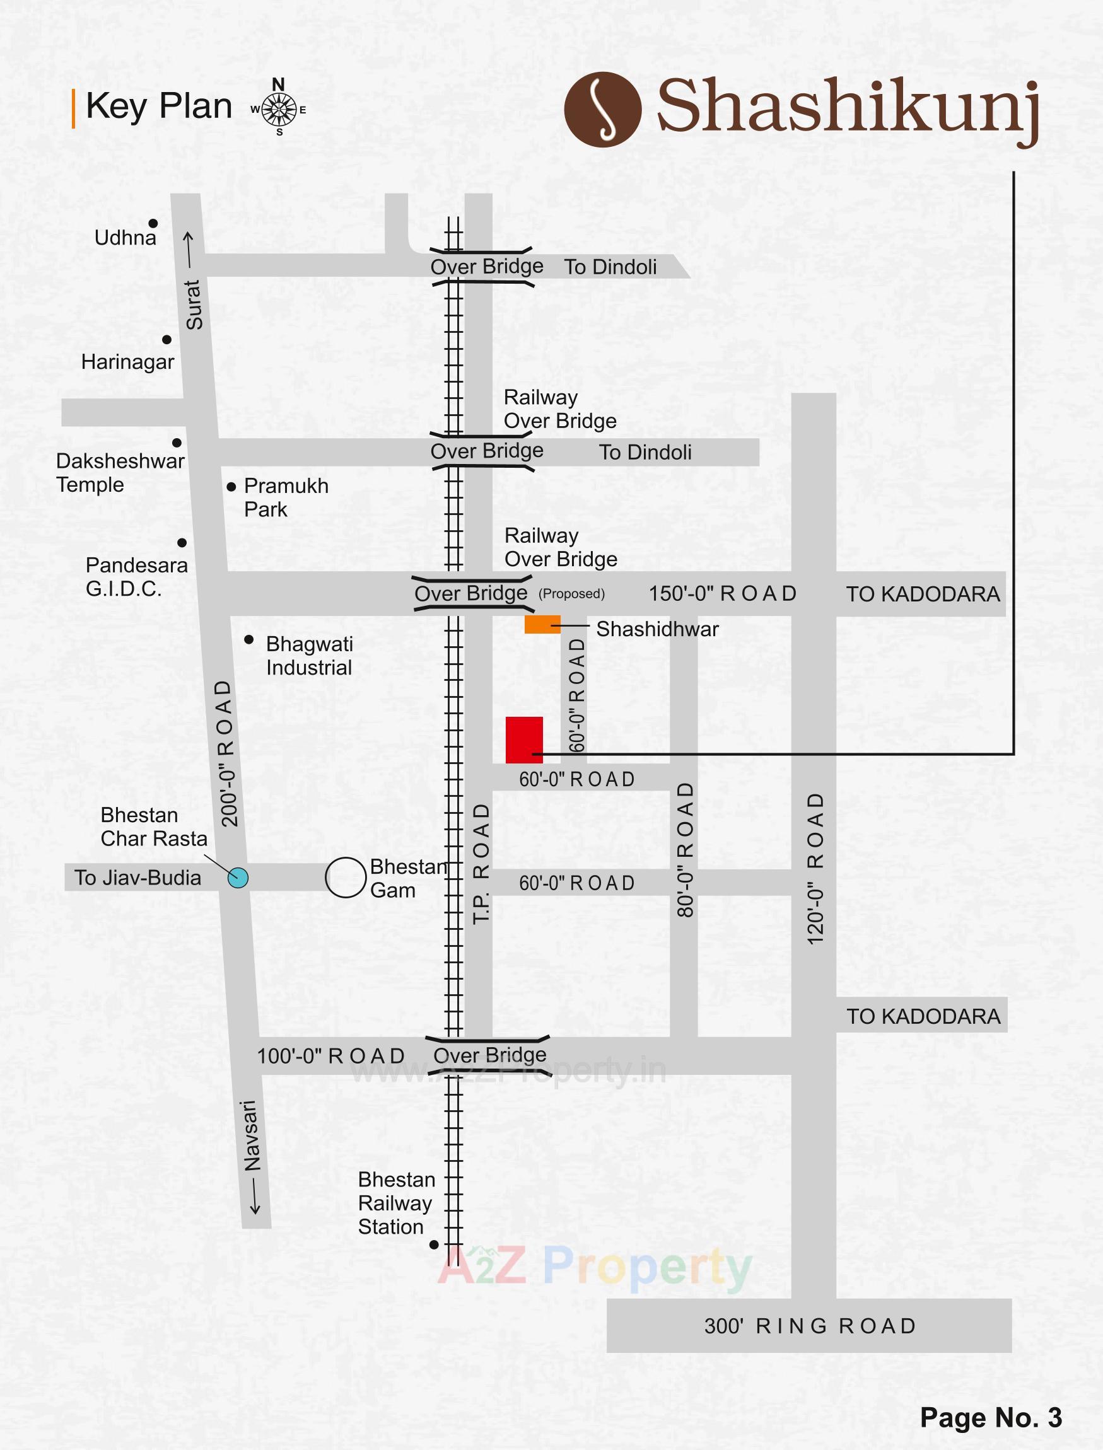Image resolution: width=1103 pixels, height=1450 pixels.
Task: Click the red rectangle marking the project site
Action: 524,739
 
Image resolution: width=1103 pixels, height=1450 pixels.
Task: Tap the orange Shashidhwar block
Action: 542,624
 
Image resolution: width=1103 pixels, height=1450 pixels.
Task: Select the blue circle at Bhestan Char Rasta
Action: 238,878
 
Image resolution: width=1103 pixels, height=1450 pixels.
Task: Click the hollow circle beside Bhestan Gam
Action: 346,877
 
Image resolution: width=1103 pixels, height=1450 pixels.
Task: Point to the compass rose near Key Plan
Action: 279,109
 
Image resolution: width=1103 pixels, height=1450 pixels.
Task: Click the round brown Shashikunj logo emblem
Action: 603,109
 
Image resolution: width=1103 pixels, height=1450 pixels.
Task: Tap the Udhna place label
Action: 125,238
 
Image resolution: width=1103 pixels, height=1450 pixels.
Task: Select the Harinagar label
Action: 127,362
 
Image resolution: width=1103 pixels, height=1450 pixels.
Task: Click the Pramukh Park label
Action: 286,497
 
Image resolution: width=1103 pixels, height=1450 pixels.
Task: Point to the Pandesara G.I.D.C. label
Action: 136,577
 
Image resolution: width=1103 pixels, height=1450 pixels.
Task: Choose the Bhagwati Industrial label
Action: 309,656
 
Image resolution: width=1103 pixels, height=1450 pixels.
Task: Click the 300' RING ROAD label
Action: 810,1326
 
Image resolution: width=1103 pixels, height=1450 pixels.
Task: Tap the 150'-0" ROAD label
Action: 722,593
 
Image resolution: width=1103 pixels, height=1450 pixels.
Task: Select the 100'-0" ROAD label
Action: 330,1056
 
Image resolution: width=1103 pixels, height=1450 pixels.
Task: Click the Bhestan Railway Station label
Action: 396,1203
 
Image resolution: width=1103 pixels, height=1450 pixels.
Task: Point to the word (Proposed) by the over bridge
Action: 571,594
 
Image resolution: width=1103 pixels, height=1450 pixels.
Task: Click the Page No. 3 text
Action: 991,1418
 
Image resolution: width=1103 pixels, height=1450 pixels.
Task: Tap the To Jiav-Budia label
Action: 137,878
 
